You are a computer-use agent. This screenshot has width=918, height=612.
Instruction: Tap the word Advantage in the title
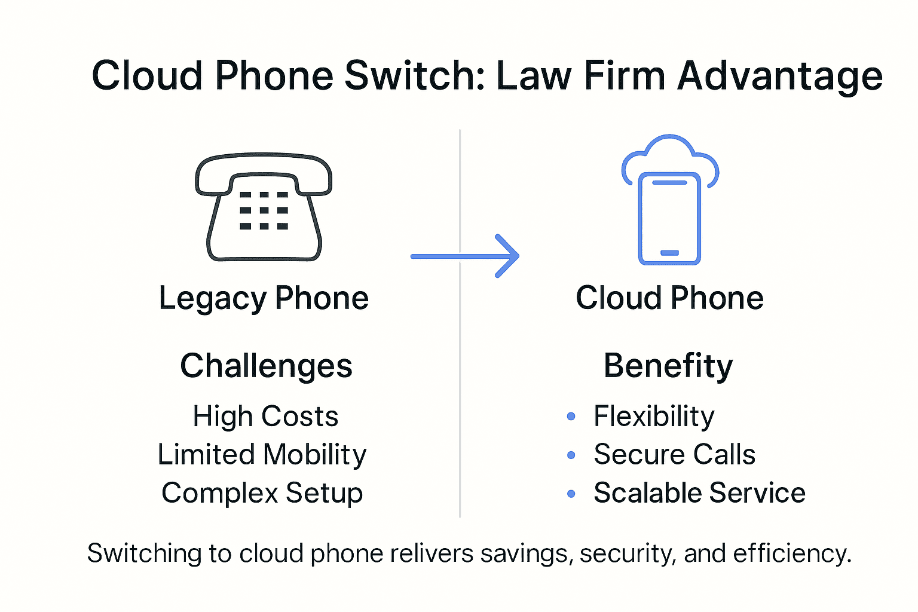point(779,76)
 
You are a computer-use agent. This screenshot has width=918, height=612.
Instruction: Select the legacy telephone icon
point(264,207)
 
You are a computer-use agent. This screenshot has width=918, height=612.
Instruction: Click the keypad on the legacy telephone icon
point(264,210)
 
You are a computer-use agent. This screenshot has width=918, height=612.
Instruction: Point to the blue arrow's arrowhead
point(508,256)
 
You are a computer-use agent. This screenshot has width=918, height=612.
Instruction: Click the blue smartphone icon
point(669,219)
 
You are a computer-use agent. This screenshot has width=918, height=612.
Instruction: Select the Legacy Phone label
point(264,298)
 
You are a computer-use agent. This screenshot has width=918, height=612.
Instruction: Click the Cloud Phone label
point(669,298)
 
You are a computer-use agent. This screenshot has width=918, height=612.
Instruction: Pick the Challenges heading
point(266,366)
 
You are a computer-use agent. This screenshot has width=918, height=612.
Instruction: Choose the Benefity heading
point(668,366)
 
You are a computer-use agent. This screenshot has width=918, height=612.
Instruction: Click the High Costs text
point(265,417)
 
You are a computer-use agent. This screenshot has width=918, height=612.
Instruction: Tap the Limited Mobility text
point(262,455)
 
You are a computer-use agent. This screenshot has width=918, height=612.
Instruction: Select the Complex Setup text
point(262,494)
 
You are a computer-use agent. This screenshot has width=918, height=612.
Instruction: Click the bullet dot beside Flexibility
point(571,417)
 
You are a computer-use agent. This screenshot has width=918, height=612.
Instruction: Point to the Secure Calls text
point(674,455)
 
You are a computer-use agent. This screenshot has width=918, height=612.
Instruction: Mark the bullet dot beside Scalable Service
point(571,494)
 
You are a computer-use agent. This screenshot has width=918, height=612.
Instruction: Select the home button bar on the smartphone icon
point(669,253)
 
